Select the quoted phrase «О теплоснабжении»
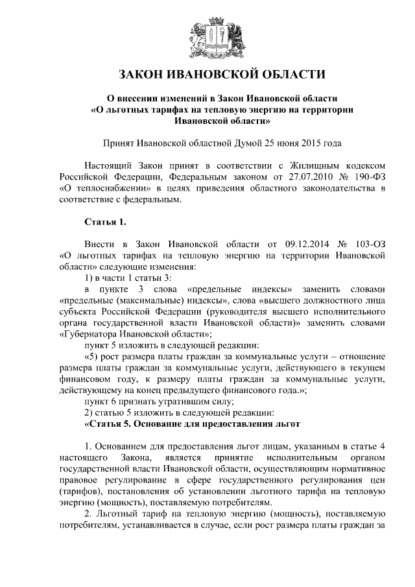point(99,189)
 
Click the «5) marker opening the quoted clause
point(95,357)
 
